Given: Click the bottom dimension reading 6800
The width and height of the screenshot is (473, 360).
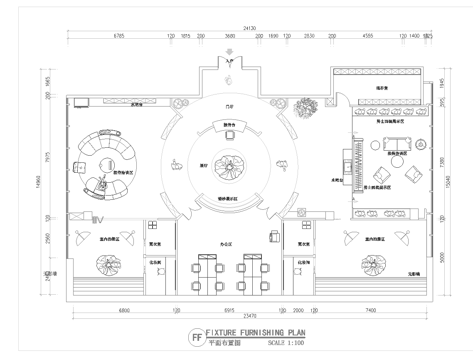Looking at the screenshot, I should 123,311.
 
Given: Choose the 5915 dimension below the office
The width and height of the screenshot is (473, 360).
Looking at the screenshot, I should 229,311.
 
